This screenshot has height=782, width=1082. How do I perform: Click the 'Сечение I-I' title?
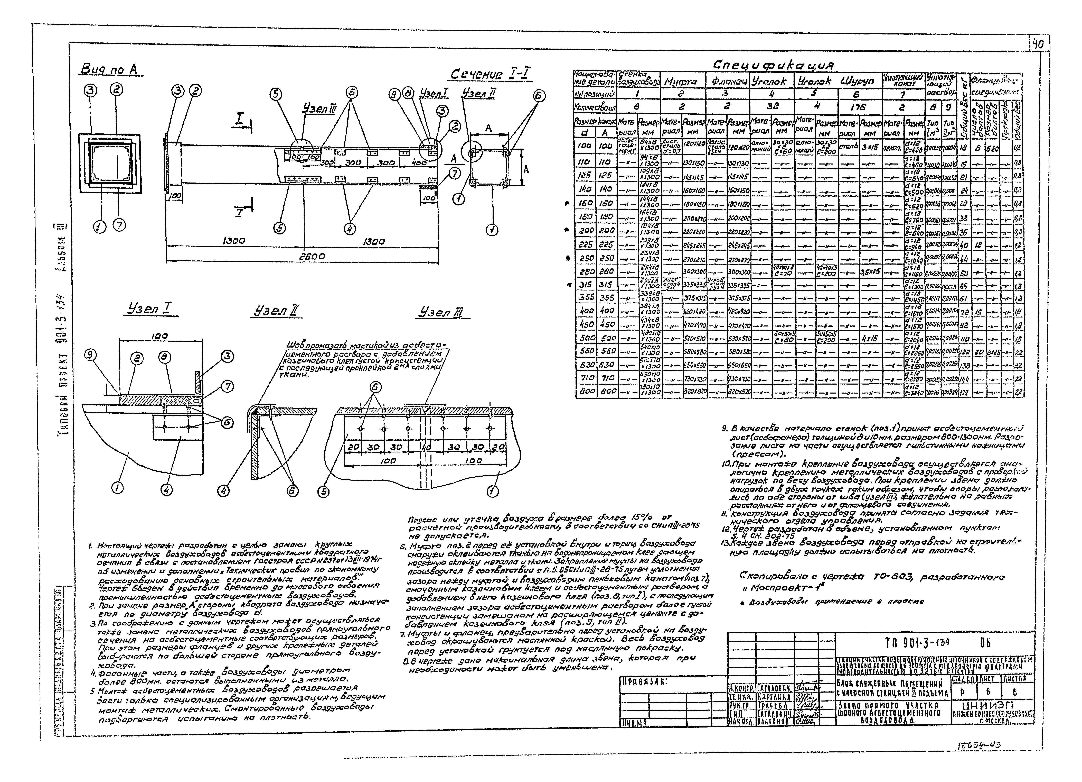(491, 74)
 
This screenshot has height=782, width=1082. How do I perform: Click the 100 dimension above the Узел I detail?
(159, 336)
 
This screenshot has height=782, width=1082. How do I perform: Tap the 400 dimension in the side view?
(419, 163)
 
